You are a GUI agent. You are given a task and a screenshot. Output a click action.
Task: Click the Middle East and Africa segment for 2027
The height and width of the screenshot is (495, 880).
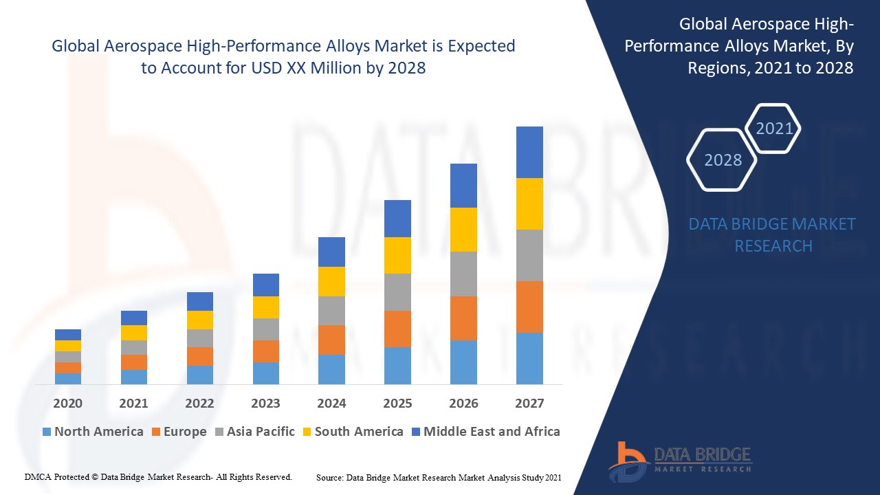529,152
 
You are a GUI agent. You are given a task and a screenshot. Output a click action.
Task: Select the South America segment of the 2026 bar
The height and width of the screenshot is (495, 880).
463,230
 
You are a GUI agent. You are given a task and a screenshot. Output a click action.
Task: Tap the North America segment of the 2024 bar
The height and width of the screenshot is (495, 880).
331,369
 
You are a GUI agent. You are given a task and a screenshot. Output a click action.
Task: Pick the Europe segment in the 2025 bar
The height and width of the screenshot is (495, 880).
397,329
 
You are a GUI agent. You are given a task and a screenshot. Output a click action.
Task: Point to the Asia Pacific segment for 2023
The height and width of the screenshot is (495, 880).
265,329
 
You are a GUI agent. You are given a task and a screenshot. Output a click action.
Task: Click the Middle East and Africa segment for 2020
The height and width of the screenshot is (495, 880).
68,335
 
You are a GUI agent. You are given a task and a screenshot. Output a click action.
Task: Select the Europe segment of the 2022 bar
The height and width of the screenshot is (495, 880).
199,356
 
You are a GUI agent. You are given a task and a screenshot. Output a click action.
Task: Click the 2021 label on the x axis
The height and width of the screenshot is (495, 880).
133,403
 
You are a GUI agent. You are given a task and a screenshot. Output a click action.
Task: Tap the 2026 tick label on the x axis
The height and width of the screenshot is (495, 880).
463,403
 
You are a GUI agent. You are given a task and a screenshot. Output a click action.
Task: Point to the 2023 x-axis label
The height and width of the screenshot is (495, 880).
265,403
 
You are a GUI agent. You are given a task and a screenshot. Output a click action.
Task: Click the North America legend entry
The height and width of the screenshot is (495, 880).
93,432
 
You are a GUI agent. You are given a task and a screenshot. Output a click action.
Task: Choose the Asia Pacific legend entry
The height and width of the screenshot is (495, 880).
255,432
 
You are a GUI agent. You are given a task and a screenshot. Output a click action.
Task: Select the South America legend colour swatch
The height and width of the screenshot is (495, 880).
306,432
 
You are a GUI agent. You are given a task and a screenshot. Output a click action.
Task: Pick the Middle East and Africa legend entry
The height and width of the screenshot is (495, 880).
485,432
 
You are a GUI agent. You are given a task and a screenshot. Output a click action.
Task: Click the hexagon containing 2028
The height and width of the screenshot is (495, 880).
722,160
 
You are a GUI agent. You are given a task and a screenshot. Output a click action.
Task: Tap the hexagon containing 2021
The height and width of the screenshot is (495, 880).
773,129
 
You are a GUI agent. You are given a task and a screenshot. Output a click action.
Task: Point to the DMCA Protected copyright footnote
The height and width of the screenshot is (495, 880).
158,476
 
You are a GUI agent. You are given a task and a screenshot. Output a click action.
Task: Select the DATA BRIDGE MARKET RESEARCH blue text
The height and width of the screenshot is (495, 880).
772,235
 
